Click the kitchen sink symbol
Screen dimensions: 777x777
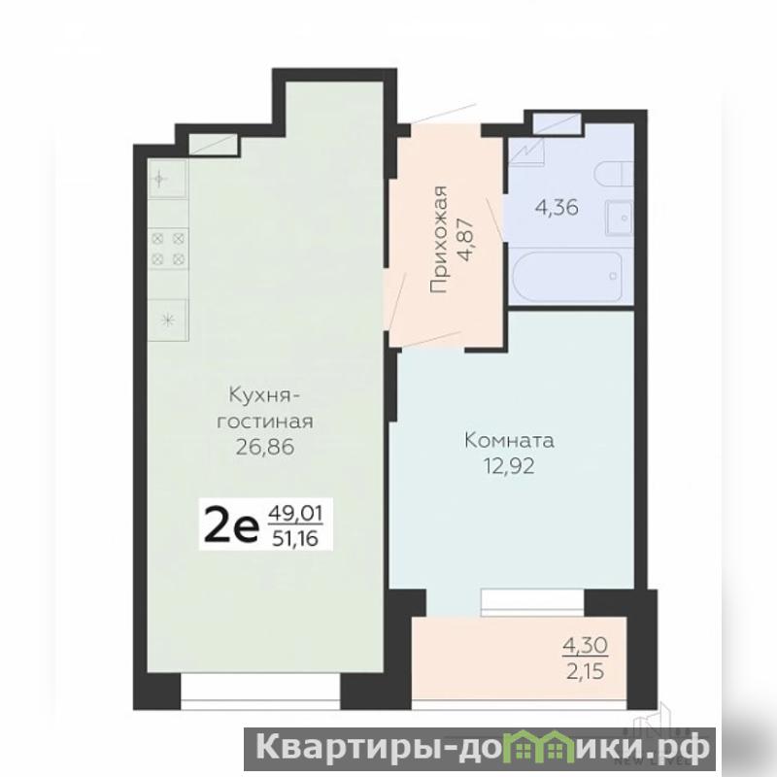click(167, 179)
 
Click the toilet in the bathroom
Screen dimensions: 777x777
click(615, 176)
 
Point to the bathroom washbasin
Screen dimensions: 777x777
click(619, 218)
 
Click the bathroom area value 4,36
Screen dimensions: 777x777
click(557, 207)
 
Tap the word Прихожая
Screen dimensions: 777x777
click(439, 239)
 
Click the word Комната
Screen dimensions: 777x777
click(509, 441)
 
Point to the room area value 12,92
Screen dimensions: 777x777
click(509, 466)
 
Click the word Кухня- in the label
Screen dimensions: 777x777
click(265, 396)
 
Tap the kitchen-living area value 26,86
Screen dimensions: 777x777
click(265, 447)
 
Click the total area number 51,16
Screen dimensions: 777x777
click(295, 538)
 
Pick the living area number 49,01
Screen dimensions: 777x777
click(295, 511)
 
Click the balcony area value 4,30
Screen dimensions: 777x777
click(586, 645)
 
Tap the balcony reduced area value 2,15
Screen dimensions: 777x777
click(586, 671)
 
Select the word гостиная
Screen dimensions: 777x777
click(265, 422)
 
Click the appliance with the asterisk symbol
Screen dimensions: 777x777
click(167, 321)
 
